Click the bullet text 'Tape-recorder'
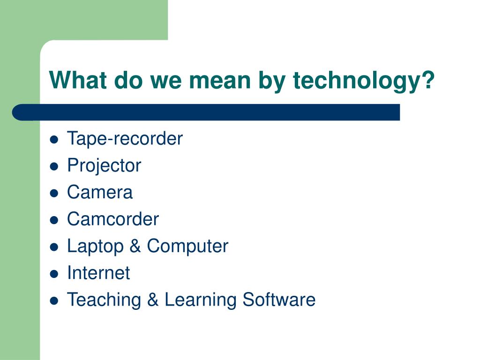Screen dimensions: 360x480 (125, 139)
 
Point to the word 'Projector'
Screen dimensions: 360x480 (104, 165)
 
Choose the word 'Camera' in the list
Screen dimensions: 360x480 (100, 192)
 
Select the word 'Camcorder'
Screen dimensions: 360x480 (113, 219)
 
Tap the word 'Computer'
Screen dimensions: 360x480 (187, 246)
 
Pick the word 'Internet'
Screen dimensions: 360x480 (98, 273)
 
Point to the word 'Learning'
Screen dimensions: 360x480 (201, 300)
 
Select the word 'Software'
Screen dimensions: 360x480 (279, 300)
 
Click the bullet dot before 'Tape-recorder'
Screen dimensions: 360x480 (54, 140)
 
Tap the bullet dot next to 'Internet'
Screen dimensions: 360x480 (54, 274)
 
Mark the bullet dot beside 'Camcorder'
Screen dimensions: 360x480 (54, 220)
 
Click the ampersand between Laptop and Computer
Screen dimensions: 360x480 (135, 246)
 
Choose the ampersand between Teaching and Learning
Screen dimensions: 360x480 (153, 300)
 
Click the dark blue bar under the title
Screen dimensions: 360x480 (206, 112)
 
